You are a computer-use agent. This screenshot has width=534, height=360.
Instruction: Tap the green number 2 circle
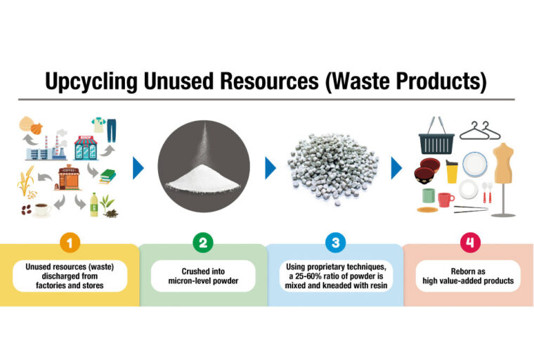[x=202, y=243]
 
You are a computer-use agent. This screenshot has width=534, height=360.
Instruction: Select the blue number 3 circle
[x=334, y=243]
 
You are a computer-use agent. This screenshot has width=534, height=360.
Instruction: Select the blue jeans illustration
[x=110, y=127]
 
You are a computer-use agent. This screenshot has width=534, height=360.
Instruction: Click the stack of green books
[x=107, y=176]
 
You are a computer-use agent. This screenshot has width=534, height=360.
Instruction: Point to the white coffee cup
[x=41, y=209]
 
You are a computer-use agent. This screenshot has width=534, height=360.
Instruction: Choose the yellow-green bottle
[x=94, y=204]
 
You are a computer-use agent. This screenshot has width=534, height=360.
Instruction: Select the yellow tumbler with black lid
[x=451, y=171]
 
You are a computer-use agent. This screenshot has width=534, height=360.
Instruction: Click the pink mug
[x=445, y=199]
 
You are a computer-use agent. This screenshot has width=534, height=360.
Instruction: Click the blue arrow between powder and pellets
[x=271, y=168]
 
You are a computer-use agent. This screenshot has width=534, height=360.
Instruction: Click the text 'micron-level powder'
[x=202, y=281]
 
